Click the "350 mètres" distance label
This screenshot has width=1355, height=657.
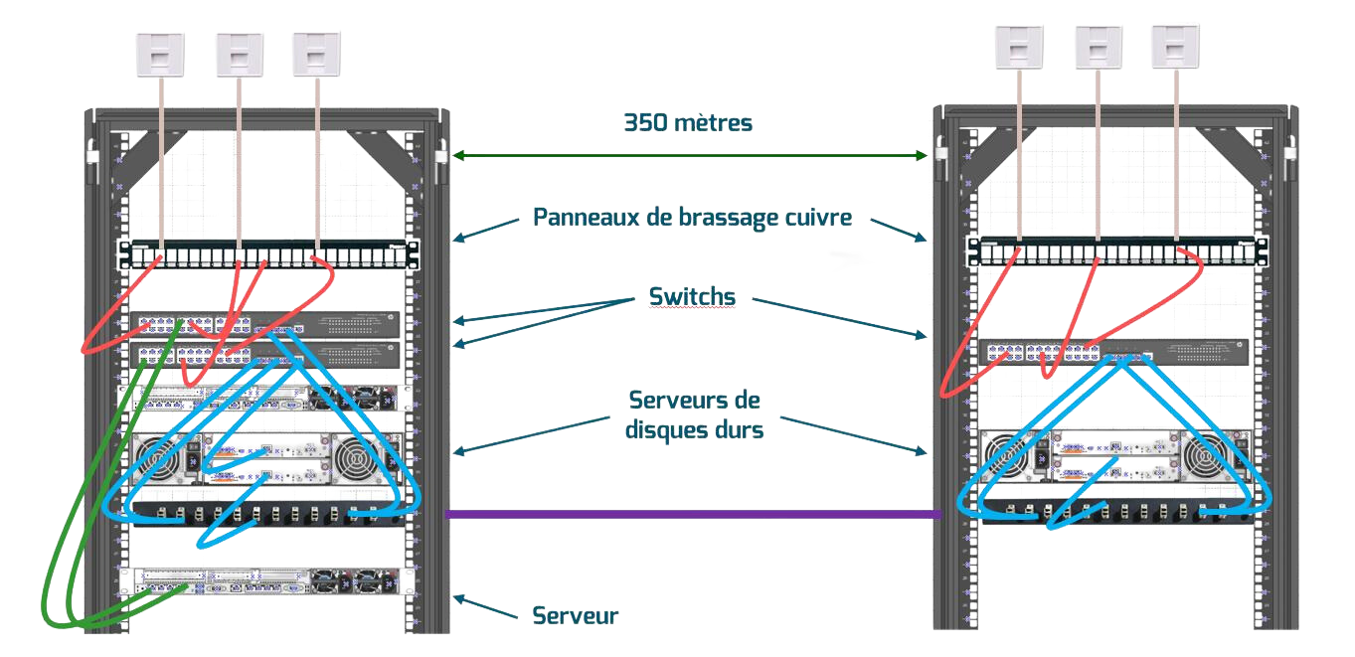[x=688, y=123]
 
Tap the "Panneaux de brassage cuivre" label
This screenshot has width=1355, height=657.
[x=691, y=218]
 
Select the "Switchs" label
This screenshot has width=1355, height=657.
[x=691, y=296]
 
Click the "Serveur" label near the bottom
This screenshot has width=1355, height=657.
[x=575, y=615]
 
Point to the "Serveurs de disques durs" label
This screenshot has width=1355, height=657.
[x=694, y=414]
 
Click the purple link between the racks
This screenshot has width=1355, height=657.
[x=693, y=514]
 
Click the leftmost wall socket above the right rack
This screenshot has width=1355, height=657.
[x=1019, y=46]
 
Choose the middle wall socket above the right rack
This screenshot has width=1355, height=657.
[x=1099, y=46]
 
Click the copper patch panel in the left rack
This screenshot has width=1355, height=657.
[x=268, y=254]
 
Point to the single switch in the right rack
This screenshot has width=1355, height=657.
[x=1113, y=351]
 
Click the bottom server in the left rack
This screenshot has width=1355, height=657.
[x=268, y=580]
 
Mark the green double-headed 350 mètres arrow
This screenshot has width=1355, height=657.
[x=689, y=155]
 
